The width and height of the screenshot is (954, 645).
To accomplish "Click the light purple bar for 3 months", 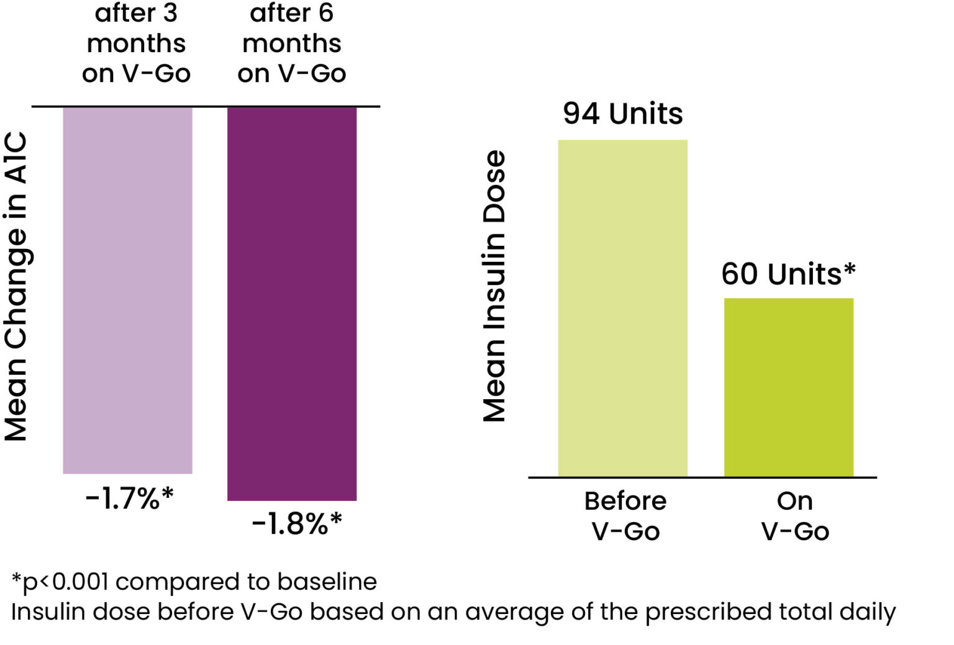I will (x=127, y=289).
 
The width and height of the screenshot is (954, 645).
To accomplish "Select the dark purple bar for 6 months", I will (x=292, y=303).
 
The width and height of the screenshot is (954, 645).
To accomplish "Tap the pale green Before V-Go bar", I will (x=622, y=308).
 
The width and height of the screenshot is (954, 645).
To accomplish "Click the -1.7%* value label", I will (x=129, y=498).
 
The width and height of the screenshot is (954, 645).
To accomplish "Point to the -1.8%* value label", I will (x=296, y=523).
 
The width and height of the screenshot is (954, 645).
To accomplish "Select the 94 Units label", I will (x=622, y=114).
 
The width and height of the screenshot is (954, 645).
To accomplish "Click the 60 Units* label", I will (x=788, y=274).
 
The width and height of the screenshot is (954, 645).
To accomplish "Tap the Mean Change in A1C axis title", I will (x=16, y=286).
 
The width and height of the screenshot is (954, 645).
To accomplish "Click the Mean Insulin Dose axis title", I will (x=494, y=286).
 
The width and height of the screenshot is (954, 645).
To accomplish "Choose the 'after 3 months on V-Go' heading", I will (x=136, y=43).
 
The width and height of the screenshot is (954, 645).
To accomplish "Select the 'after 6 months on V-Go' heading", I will (x=291, y=43).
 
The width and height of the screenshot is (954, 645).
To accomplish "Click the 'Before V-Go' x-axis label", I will (x=625, y=516).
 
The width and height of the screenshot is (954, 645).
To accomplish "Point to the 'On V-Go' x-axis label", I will (x=795, y=516).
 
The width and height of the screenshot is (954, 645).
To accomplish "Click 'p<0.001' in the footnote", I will (x=65, y=582).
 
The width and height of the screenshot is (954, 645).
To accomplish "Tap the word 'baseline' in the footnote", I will (x=327, y=582).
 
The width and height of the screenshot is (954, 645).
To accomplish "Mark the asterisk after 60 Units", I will (x=849, y=269).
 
